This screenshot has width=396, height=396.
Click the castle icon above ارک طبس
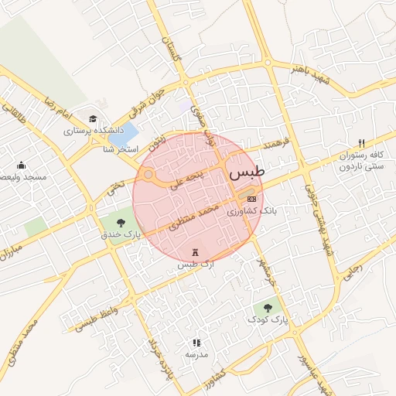[x=194, y=253]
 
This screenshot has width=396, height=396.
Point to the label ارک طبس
[x=194, y=265]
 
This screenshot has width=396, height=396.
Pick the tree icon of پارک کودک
[x=268, y=307]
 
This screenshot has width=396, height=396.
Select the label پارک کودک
[x=268, y=319]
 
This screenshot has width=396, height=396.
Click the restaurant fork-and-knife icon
[x=361, y=144]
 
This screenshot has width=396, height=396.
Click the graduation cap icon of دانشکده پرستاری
[x=93, y=119]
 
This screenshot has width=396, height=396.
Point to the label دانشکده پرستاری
[x=90, y=131]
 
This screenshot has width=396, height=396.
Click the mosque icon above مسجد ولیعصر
[x=21, y=165]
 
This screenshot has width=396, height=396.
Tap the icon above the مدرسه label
[x=196, y=342]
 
